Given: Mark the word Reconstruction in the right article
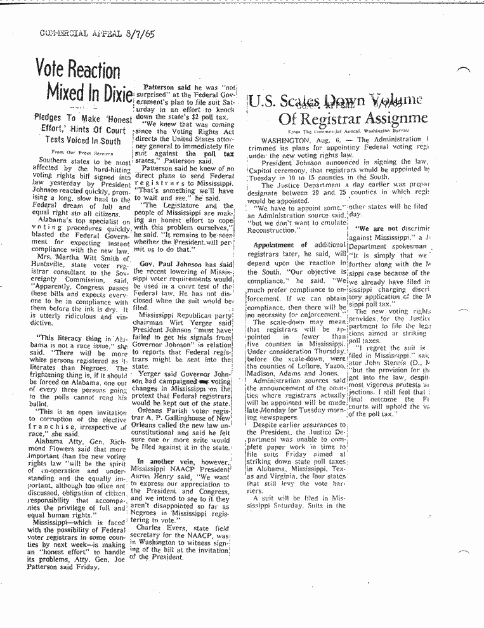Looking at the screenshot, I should click(276, 232).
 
